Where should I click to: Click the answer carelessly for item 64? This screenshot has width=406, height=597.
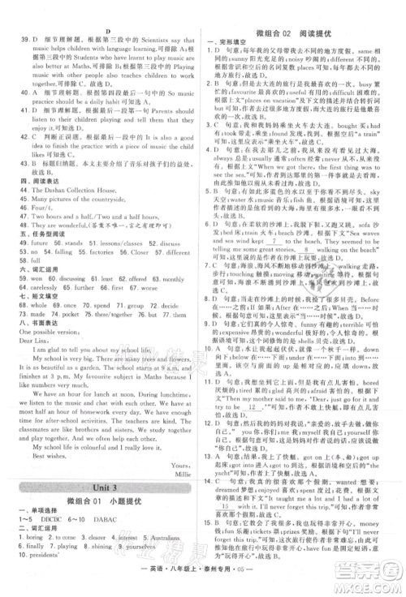pyautogui.click(x=41, y=286)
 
